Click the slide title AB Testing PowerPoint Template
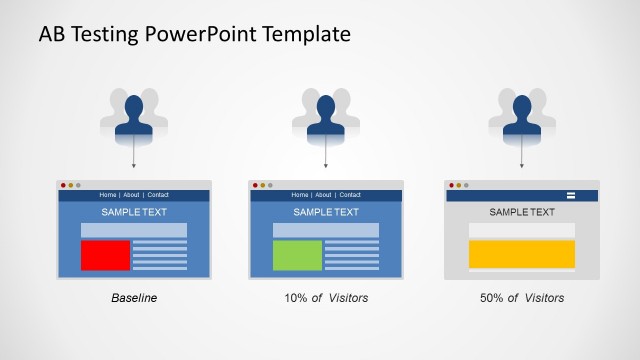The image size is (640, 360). pyautogui.click(x=194, y=34)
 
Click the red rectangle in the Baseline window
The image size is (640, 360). pyautogui.click(x=106, y=255)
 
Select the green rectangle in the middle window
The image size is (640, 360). pyautogui.click(x=298, y=255)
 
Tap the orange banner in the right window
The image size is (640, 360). pyautogui.click(x=522, y=254)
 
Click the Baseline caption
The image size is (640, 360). pyautogui.click(x=134, y=298)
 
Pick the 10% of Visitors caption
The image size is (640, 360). pyautogui.click(x=326, y=298)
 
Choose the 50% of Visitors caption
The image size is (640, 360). pyautogui.click(x=522, y=298)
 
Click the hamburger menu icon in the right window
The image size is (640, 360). pyautogui.click(x=572, y=195)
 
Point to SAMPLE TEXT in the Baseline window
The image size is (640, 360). pyautogui.click(x=134, y=212)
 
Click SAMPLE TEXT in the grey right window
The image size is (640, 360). pyautogui.click(x=522, y=212)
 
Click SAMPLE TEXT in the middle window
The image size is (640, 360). pyautogui.click(x=326, y=212)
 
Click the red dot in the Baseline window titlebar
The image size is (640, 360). pyautogui.click(x=63, y=185)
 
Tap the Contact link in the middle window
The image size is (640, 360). pyautogui.click(x=350, y=195)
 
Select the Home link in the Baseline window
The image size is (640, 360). pyautogui.click(x=108, y=195)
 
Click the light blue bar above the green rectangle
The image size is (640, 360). pyautogui.click(x=326, y=230)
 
